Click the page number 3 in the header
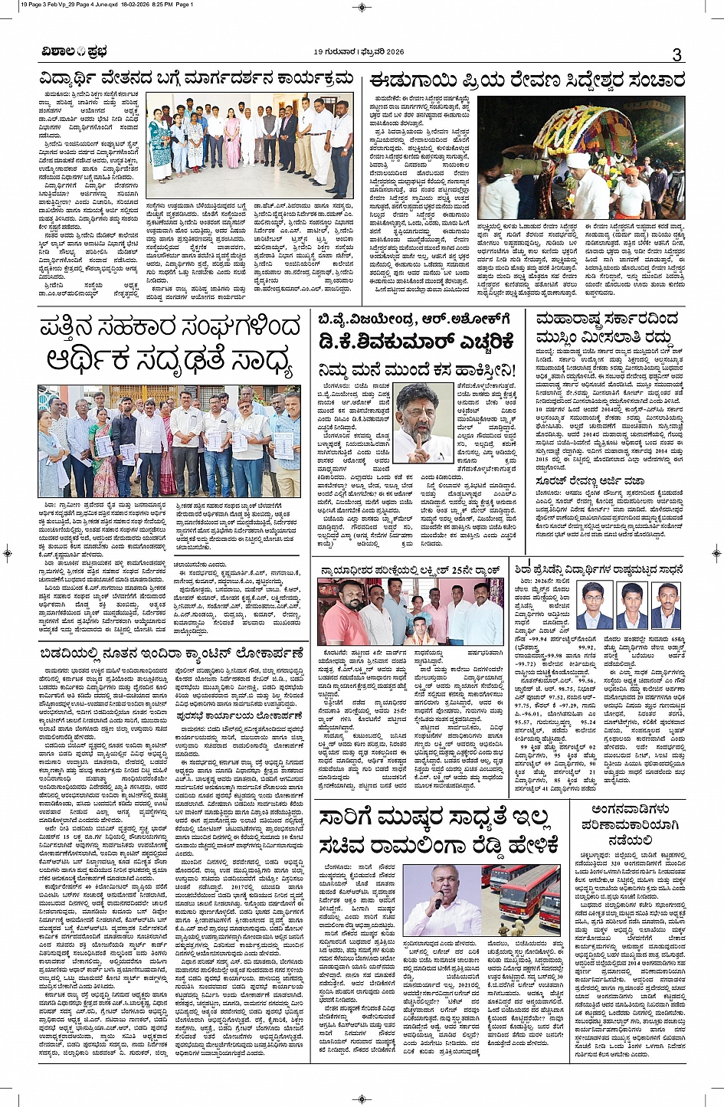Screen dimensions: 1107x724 [x=676, y=54]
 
